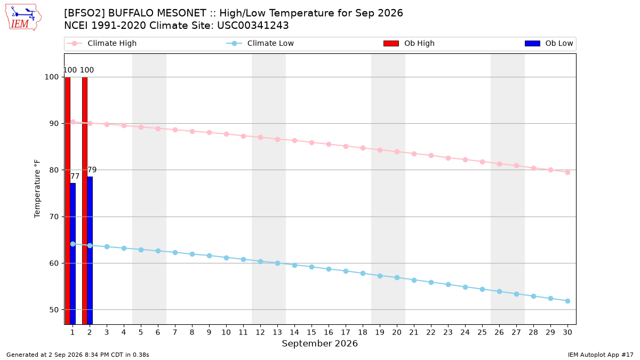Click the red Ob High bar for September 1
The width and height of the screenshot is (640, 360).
pos(67,201)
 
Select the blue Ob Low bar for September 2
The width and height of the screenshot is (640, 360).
pos(90,251)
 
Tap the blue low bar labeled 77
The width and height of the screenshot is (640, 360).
pos(73,254)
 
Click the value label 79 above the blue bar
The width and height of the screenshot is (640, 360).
pos(92,170)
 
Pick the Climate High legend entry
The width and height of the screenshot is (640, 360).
pos(102,43)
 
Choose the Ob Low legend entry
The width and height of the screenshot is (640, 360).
pos(549,43)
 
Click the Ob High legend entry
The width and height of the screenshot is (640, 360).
pos(409,43)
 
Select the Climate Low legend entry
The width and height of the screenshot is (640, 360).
pos(260,43)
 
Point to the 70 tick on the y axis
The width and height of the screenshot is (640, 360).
pos(53,217)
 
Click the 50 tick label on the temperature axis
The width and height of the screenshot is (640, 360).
pos(53,310)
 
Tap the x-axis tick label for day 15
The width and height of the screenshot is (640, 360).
pos(311,332)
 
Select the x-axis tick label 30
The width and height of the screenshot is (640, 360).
pos(567,332)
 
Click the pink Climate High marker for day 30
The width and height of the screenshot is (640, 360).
pos(567,173)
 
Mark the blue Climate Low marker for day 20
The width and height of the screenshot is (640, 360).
pos(397,278)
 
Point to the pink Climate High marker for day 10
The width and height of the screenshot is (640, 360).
pos(226,134)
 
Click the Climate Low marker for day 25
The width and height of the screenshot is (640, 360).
pos(482,290)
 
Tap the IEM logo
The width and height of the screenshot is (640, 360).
pos(23,18)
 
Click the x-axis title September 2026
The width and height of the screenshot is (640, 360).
pos(319,343)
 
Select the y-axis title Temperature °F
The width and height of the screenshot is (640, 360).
pos(37,189)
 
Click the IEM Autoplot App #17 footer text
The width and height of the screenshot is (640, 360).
pos(601,355)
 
